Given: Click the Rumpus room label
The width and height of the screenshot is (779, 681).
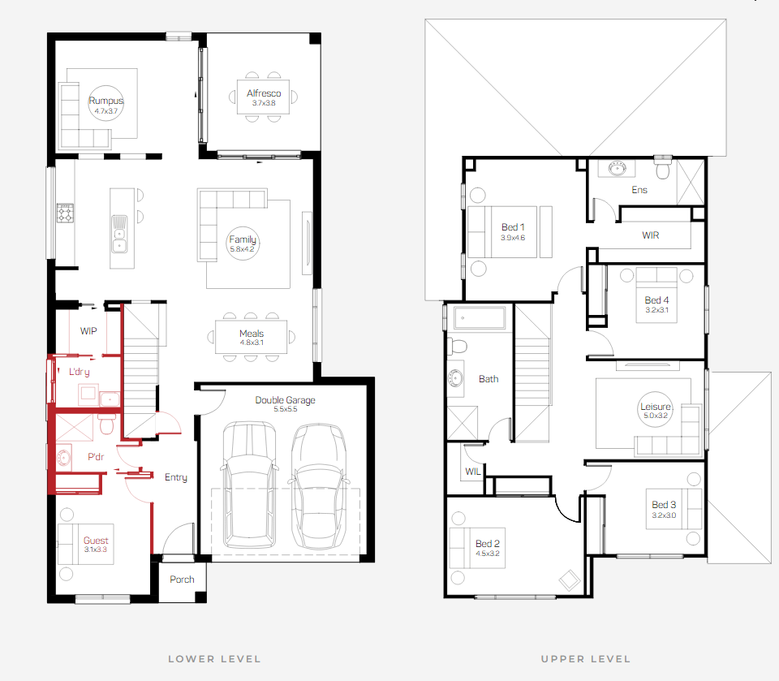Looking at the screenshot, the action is coord(105,101).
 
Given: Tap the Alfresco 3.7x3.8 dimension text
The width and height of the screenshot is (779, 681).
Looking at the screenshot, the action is coord(263,103).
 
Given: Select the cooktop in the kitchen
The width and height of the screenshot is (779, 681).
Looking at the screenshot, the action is coord(65,213).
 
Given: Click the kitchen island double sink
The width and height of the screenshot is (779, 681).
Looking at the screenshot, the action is coord(119,234).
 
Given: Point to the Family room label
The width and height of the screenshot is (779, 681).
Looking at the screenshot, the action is coord(243,239).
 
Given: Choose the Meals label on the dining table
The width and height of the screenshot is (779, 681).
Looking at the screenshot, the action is coord(252,333).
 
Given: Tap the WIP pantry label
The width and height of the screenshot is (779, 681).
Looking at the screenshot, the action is coord(88,331).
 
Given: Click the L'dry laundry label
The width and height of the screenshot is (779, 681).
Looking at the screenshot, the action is coord(80,372).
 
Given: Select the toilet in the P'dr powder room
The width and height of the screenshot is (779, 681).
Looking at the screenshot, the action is coord(107,424).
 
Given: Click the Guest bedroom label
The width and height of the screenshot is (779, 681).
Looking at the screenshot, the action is coord(96,541).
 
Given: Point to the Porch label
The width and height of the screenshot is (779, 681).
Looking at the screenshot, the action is coord(182,579).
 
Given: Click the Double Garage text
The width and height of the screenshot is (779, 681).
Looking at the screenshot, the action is coord(285,399).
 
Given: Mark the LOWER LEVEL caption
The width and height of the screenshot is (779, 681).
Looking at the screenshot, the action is coord(214,659).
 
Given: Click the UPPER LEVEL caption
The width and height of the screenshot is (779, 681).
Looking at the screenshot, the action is coord(586,659).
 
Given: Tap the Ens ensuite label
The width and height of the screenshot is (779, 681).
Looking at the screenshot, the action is coord(639,190).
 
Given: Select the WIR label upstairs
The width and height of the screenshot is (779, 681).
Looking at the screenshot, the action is coord(651,235).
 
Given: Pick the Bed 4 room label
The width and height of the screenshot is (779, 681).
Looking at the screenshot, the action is coord(656,300).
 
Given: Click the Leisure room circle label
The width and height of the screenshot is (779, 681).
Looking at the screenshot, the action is coord(656,410).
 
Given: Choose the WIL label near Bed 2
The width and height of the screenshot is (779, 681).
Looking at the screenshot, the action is coord(473,472).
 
